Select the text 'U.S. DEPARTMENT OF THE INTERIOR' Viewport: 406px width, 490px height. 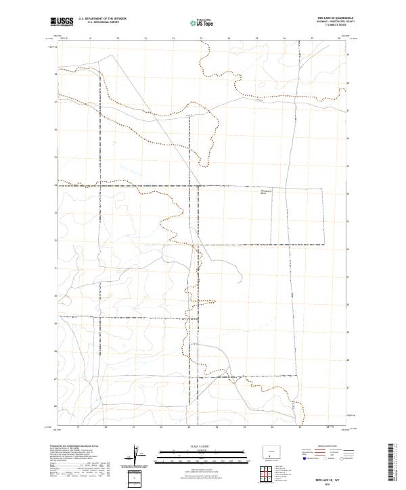coord(102,19)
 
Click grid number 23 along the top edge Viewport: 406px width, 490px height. coord(201,39)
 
